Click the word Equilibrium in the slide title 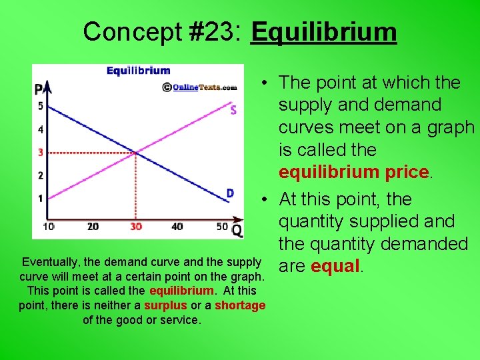[323, 31]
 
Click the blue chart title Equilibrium [139, 71]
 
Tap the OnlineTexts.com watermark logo [200, 87]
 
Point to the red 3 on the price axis [41, 153]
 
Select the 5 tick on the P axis [41, 106]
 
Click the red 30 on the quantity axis [136, 227]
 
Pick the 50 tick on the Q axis [223, 227]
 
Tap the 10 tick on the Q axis [49, 227]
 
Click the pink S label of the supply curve [233, 110]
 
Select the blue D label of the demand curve [230, 193]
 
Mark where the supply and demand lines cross [136, 153]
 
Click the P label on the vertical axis [39, 89]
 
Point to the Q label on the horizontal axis [237, 231]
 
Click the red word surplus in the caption [166, 305]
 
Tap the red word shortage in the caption [240, 305]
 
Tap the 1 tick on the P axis [41, 198]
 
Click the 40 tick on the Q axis [177, 227]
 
